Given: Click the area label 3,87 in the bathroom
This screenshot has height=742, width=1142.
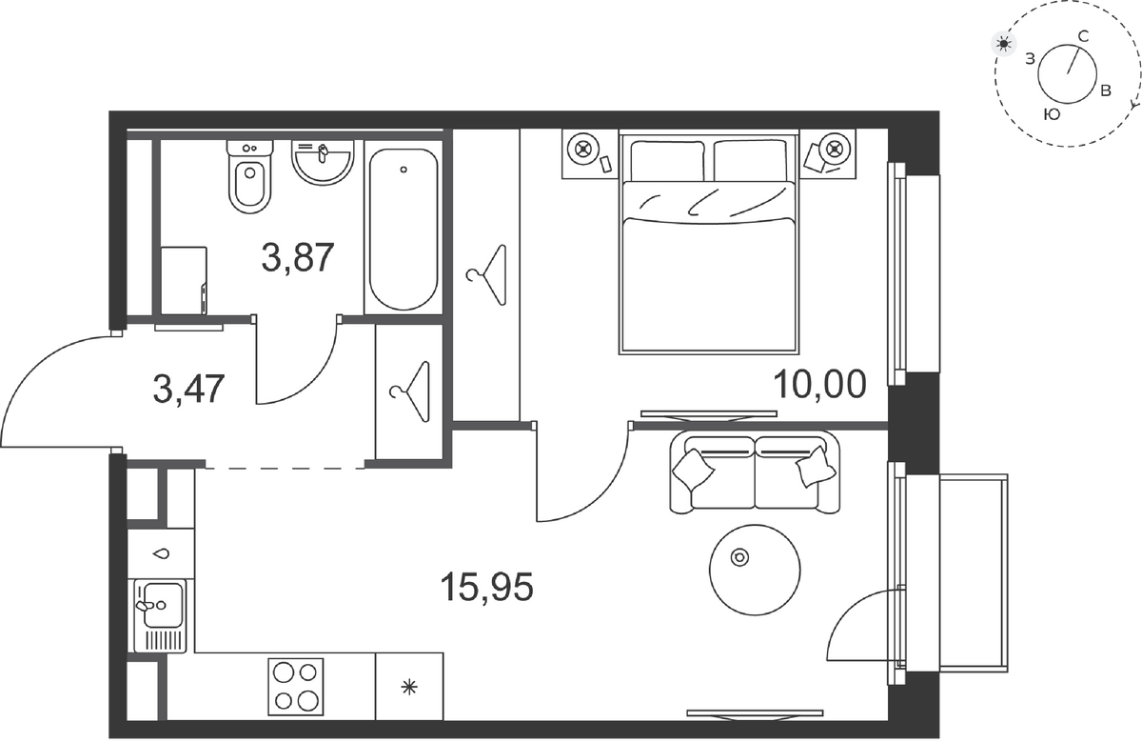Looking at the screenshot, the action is click(x=298, y=258).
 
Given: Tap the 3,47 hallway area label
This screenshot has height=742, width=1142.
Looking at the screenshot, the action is click(x=188, y=389).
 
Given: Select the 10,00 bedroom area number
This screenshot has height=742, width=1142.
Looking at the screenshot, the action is click(x=819, y=384).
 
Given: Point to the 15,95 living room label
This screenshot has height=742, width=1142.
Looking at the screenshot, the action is click(x=487, y=587).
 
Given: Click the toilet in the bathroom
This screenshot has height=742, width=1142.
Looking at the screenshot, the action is click(x=249, y=176).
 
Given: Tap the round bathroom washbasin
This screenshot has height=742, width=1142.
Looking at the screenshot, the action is click(x=323, y=162).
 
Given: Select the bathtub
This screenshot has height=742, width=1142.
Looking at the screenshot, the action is click(x=404, y=230).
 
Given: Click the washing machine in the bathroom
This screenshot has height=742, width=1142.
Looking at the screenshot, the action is click(x=184, y=281).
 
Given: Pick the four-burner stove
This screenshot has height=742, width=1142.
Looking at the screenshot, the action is click(x=296, y=687).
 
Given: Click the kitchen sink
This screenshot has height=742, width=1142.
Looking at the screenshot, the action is click(x=161, y=615).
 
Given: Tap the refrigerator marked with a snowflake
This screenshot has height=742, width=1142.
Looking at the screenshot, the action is click(x=409, y=687).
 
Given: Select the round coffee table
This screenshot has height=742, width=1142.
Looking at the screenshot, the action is click(x=755, y=570).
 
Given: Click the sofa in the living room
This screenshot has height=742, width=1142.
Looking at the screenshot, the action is click(x=755, y=472).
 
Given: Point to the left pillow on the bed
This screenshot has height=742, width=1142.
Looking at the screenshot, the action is click(x=667, y=161).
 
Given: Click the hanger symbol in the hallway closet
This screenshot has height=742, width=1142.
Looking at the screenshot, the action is click(x=410, y=391).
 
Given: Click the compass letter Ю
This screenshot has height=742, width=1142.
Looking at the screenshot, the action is click(x=1053, y=115).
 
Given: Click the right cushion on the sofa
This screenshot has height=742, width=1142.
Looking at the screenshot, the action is click(x=817, y=467).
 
